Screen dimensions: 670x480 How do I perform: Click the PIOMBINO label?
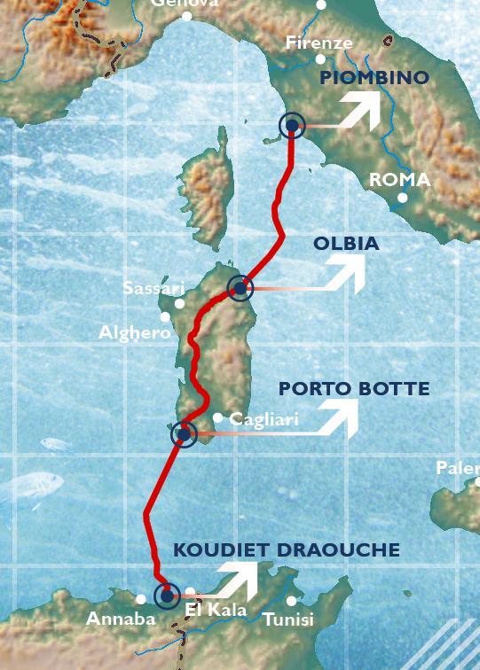point(374,78)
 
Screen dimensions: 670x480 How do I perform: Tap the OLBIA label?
point(346,244)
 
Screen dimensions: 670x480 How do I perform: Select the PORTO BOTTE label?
point(354,389)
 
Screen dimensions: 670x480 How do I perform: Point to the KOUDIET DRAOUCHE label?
point(287,550)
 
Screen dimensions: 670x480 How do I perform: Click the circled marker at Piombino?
point(292,126)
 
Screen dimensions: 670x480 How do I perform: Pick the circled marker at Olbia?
point(240,287)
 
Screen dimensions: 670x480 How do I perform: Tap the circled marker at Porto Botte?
point(184,434)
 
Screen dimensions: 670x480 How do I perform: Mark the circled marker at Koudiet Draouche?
point(166,596)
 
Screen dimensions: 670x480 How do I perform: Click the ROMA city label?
point(399,180)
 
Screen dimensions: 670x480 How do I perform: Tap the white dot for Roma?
point(403,198)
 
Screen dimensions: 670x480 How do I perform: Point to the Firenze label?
point(319,43)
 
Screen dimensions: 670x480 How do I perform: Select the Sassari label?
point(153,289)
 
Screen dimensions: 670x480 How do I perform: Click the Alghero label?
point(135,333)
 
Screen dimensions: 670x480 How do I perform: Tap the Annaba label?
point(121,619)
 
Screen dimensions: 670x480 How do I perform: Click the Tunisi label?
point(288,619)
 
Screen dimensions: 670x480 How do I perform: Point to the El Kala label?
point(216,610)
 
